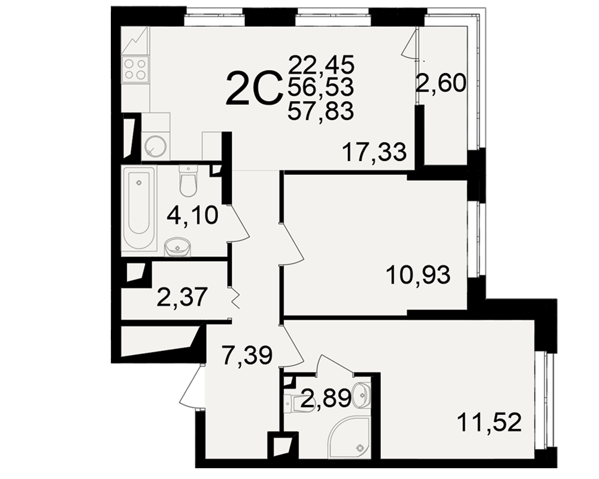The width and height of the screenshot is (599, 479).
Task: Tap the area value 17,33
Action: (x=374, y=153)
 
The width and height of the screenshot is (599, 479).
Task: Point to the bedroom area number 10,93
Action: (x=418, y=275)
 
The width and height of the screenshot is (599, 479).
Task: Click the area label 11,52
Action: (x=489, y=423)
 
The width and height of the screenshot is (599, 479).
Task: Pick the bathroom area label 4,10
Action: (x=192, y=215)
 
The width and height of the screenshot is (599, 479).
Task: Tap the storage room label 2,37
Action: (x=182, y=297)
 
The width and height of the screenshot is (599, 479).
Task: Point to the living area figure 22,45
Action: (x=322, y=64)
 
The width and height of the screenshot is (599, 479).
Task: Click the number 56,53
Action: (x=321, y=87)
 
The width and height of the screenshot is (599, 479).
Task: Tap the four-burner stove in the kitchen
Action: (x=135, y=69)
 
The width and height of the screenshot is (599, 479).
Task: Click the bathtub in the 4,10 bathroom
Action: (x=138, y=209)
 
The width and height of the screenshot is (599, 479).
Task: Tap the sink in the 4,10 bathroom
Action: (x=177, y=247)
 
